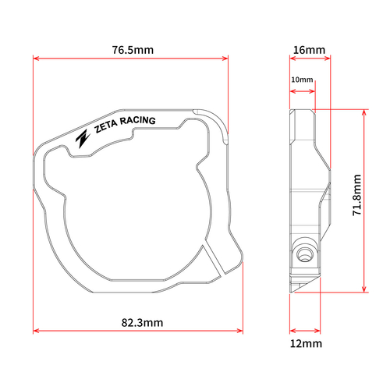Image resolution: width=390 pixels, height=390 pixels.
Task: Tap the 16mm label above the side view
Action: pos(308,50)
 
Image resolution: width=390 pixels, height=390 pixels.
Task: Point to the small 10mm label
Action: pos(301,80)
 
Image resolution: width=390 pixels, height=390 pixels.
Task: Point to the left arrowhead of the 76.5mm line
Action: pos(35,58)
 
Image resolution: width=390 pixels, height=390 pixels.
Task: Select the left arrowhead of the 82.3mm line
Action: pos(35,331)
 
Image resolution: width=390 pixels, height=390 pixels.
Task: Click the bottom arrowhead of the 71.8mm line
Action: pos(363,289)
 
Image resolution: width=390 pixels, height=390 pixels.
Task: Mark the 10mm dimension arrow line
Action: pos(302,90)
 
